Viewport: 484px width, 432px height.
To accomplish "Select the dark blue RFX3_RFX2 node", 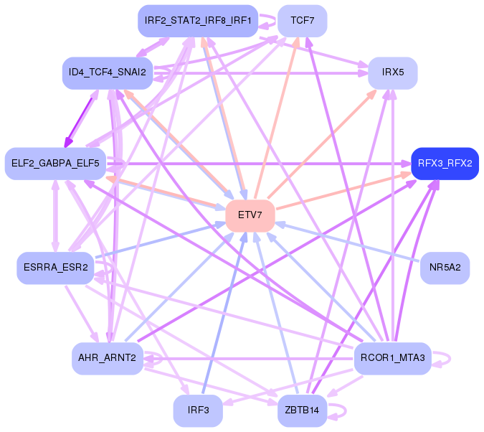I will pyautogui.click(x=445, y=164).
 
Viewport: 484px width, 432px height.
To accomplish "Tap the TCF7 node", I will pyautogui.click(x=303, y=20).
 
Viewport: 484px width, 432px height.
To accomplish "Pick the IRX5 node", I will pyautogui.click(x=393, y=73).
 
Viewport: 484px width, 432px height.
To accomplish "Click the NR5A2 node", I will pyautogui.click(x=445, y=268).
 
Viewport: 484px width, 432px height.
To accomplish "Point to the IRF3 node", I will pyautogui.click(x=198, y=410).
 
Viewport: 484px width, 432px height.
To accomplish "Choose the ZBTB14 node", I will pyautogui.click(x=302, y=410).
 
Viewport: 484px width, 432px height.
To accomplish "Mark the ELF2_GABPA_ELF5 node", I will pyautogui.click(x=55, y=164).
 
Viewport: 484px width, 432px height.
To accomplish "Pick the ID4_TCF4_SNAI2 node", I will pyautogui.click(x=108, y=73).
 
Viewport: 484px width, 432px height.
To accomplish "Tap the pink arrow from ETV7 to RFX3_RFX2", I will pyautogui.click(x=344, y=191).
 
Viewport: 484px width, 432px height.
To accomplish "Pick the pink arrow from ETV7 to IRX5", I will pyautogui.click(x=323, y=144).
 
